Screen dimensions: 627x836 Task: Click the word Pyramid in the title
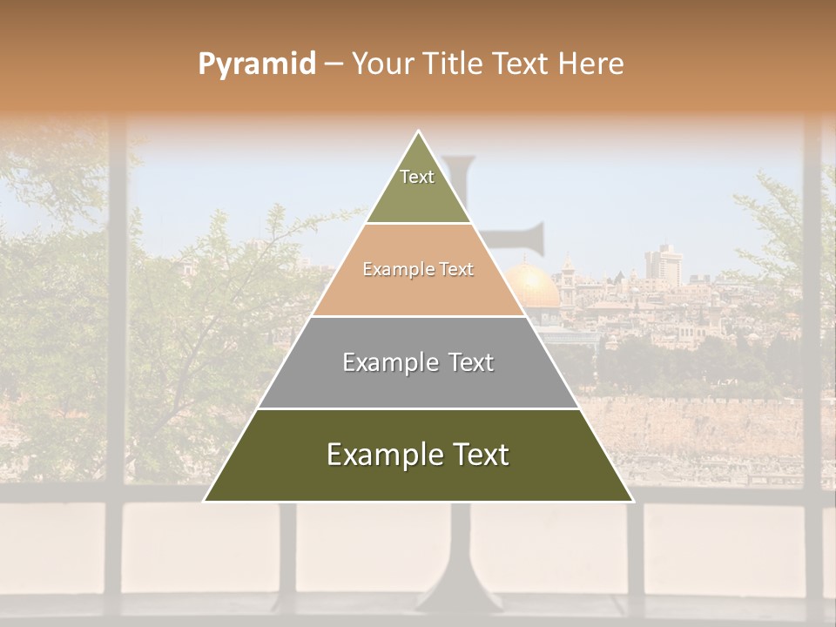tap(256, 64)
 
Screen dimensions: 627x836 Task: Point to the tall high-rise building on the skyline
tap(663, 261)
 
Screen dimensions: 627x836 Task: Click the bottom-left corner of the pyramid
tap(206, 501)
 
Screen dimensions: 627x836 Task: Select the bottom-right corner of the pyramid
tap(632, 501)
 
